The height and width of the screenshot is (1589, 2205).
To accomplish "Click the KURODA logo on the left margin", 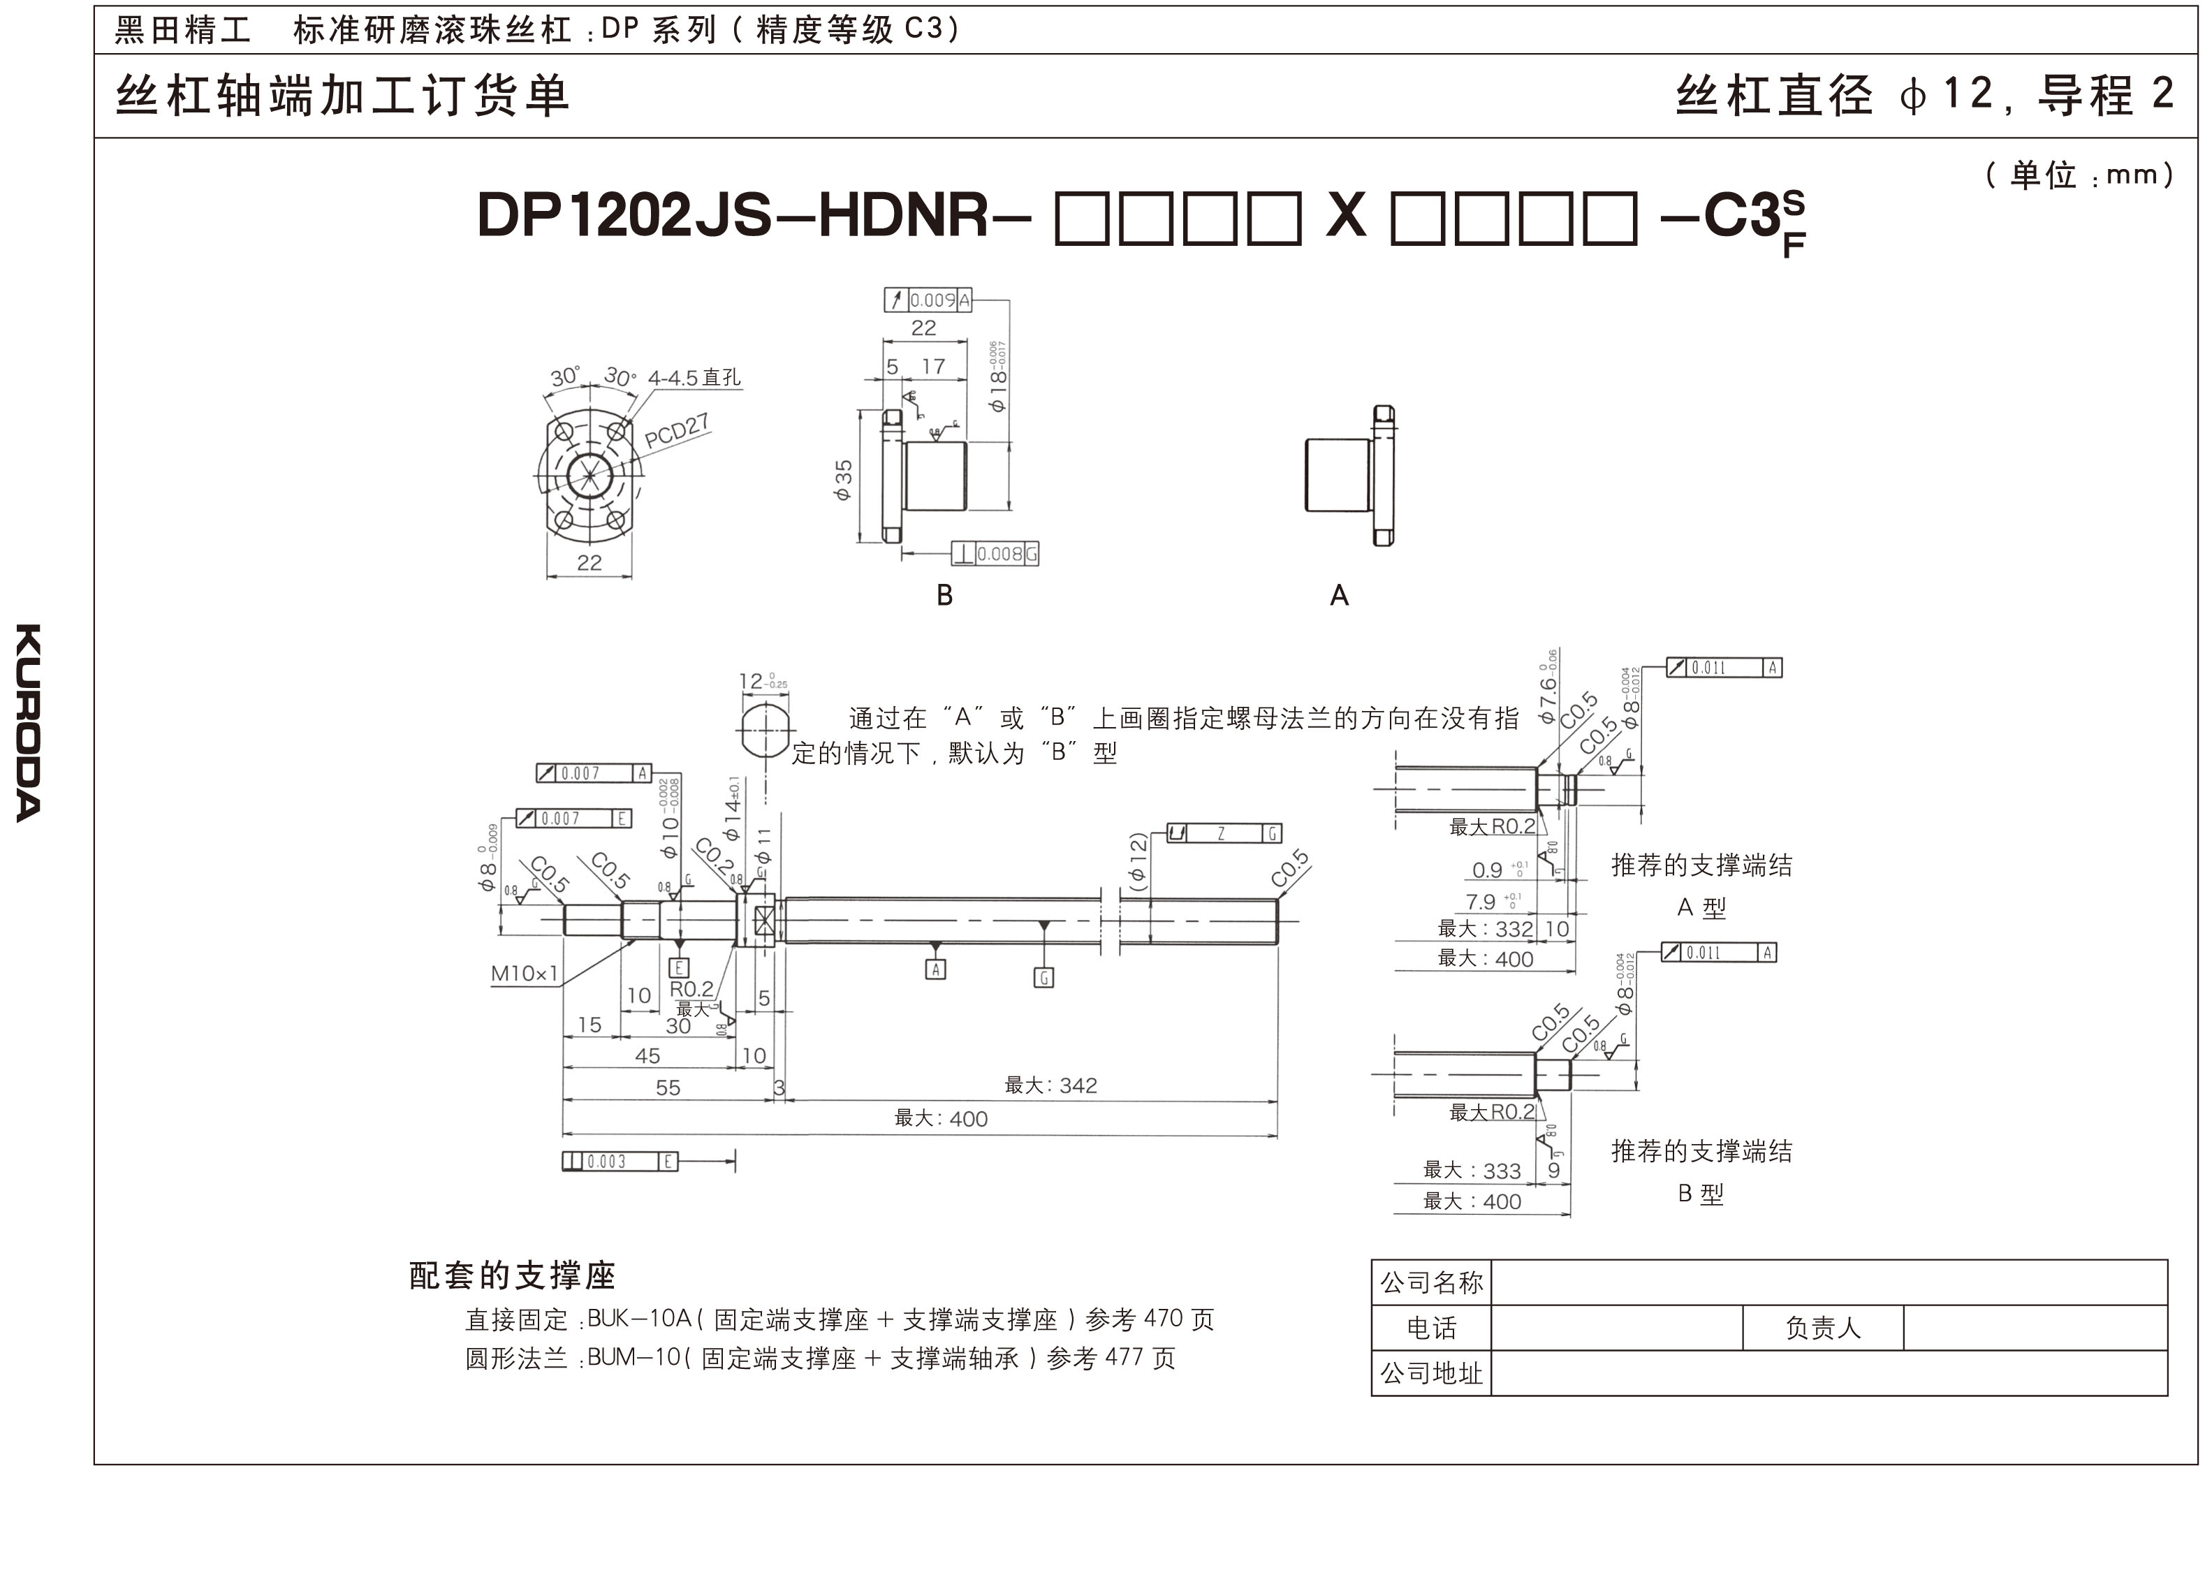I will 28,722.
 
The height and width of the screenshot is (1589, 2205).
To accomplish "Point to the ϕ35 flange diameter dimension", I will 843,479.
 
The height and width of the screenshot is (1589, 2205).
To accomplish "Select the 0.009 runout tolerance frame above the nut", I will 928,300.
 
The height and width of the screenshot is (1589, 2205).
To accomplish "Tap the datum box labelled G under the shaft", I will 1043,977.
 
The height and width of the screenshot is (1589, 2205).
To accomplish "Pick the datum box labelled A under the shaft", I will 935,969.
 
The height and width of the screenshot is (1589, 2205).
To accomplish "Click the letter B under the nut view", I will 944,595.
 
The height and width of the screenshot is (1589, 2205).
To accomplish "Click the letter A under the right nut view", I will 1339,595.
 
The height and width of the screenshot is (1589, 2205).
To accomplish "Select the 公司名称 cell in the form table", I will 1431,1282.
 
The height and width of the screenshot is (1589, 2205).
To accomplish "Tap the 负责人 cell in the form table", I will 1822,1327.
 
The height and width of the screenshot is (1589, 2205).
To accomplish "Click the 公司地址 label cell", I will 1431,1373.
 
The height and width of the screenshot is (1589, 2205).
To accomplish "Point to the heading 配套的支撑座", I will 513,1275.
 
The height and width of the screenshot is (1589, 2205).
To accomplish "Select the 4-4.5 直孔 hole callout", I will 694,377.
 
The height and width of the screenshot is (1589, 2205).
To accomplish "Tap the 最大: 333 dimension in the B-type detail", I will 1472,1171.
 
